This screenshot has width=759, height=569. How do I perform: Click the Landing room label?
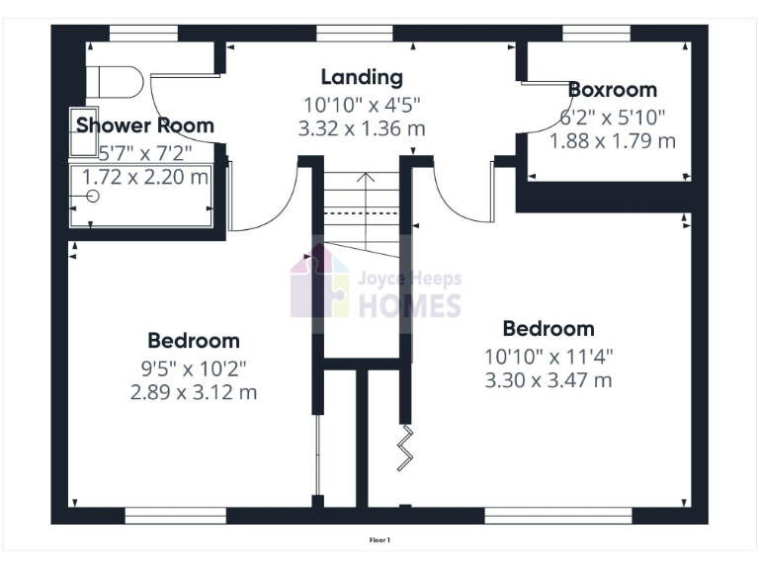tap(362, 77)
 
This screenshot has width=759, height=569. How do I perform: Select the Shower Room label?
tap(145, 125)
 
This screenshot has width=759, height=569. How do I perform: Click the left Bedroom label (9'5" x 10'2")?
tap(194, 341)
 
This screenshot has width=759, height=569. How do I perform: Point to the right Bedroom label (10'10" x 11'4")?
tap(548, 329)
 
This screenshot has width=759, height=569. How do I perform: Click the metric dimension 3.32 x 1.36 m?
tap(362, 128)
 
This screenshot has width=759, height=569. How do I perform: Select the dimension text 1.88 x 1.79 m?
tap(613, 141)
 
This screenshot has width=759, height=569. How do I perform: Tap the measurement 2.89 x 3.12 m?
tap(194, 392)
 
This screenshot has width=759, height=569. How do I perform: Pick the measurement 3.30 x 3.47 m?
tap(548, 380)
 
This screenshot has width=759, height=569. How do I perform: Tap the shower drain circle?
tap(93, 196)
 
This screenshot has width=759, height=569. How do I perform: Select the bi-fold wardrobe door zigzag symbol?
tap(405, 449)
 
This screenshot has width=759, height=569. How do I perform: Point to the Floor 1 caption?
tap(380, 540)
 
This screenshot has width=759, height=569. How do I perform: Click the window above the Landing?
tap(341, 34)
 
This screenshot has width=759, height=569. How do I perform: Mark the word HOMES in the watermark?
tap(408, 305)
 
